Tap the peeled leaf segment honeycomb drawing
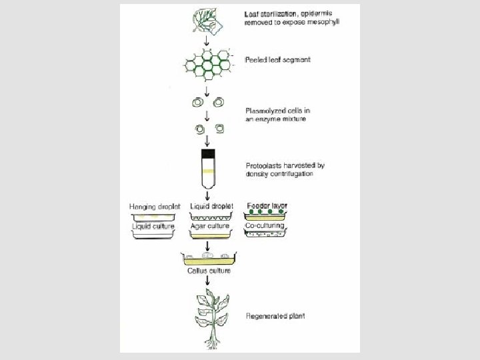209,64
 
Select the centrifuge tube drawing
208,169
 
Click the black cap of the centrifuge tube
208,155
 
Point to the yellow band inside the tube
208,171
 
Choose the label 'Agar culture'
209,227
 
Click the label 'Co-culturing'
265,227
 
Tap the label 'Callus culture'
208,271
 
